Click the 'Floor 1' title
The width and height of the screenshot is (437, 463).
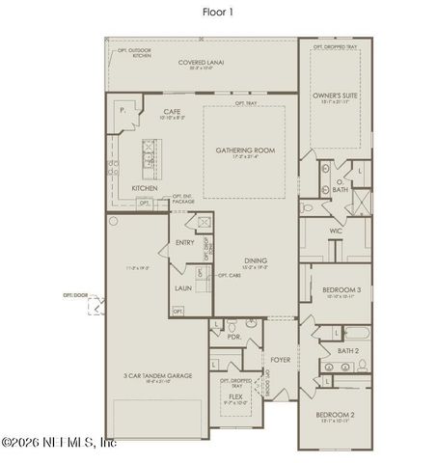point(218,12)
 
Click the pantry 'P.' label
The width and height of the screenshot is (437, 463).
point(123,112)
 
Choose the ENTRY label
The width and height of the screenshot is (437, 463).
point(184,242)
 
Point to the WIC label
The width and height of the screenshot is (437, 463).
point(335,231)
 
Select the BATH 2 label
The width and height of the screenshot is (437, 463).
point(348,351)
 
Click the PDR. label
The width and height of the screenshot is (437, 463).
point(233,338)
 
